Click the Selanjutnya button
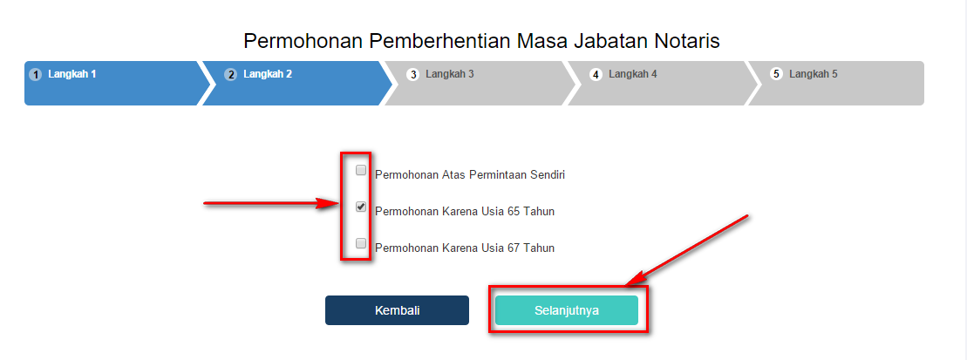click(x=566, y=310)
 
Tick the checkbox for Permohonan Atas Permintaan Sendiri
click(x=361, y=170)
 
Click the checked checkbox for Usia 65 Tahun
click(x=361, y=207)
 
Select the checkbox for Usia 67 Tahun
click(x=361, y=243)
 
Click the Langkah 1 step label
click(x=72, y=74)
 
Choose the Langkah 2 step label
click(x=268, y=74)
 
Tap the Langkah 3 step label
click(x=450, y=74)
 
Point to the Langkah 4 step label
click(x=633, y=74)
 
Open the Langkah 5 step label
click(x=814, y=74)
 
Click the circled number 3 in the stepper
click(x=412, y=75)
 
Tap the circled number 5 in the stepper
click(x=776, y=75)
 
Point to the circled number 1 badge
click(x=36, y=75)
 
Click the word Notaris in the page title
click(x=688, y=41)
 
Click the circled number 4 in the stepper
click(x=596, y=75)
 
